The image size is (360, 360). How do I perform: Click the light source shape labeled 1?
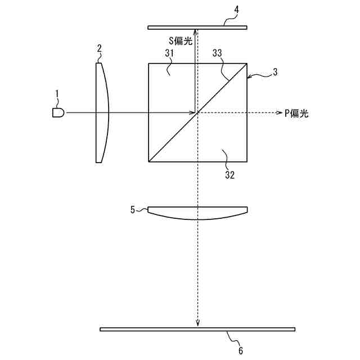58,112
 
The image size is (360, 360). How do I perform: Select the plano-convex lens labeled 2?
101,112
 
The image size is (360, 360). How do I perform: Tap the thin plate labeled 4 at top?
197,28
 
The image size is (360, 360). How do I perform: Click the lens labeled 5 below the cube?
197,213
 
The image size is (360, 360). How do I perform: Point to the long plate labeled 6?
197,329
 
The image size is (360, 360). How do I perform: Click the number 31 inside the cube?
169,53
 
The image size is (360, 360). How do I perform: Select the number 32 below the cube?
230,175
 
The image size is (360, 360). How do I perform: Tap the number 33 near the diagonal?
217,53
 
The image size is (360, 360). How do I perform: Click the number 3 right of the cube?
275,72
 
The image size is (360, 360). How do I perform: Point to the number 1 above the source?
57,94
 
